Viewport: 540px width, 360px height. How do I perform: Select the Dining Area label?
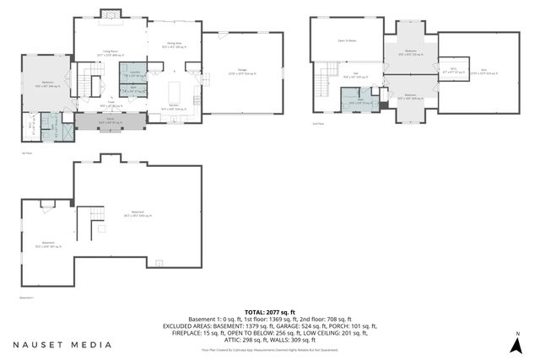(173, 45)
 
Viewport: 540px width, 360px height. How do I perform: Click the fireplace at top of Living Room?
(110, 15)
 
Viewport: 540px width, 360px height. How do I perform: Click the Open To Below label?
(346, 40)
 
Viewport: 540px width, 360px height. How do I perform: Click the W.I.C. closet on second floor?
(452, 70)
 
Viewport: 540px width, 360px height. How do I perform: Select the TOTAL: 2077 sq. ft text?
(269, 312)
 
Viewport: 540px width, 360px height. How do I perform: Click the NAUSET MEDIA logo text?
(62, 344)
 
